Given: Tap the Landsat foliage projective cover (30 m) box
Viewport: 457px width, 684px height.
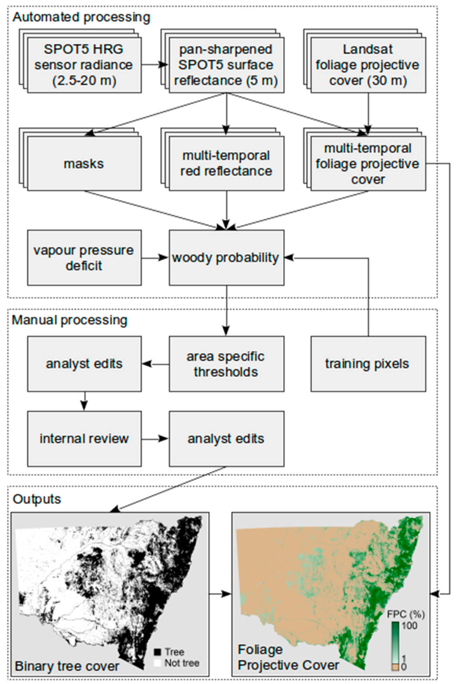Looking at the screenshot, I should (x=368, y=65).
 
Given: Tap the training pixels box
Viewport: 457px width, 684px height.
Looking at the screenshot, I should (x=368, y=364).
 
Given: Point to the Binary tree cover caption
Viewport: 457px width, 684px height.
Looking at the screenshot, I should (x=67, y=666).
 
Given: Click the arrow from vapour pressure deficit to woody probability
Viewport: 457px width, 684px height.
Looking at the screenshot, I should (x=155, y=258).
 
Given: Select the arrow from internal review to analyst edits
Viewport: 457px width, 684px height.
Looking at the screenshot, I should (x=155, y=438).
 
